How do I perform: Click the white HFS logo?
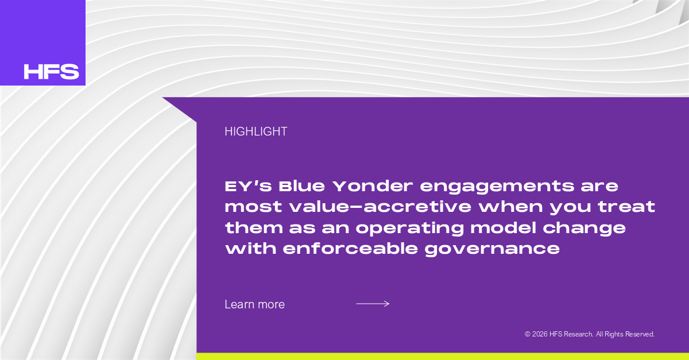pyautogui.click(x=51, y=72)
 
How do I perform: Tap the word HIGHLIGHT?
pyautogui.click(x=256, y=131)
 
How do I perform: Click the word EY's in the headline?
pyautogui.click(x=248, y=187)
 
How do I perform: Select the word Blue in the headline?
pyautogui.click(x=302, y=187)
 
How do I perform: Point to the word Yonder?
pyautogui.click(x=373, y=187)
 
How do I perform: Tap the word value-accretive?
pyautogui.click(x=380, y=207)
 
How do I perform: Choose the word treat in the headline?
pyautogui.click(x=626, y=207)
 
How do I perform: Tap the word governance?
pyautogui.click(x=492, y=250)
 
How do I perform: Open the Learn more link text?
pyautogui.click(x=255, y=304)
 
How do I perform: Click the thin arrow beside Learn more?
pyautogui.click(x=373, y=304)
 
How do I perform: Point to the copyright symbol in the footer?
pyautogui.click(x=528, y=334)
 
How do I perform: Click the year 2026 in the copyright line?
pyautogui.click(x=540, y=334)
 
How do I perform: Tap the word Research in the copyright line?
pyautogui.click(x=578, y=334)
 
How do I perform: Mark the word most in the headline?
pyautogui.click(x=253, y=207)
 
